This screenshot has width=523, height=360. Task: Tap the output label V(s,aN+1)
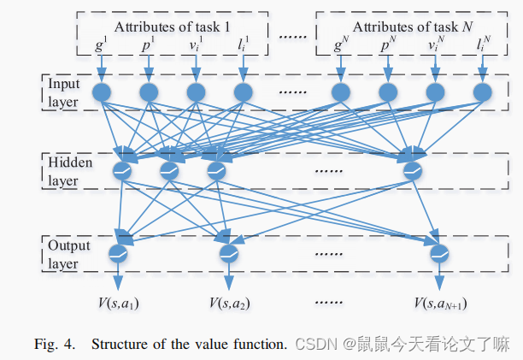pyautogui.click(x=441, y=303)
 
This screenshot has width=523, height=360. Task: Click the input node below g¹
pyautogui.click(x=103, y=91)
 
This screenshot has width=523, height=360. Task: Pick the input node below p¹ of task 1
pyautogui.click(x=149, y=91)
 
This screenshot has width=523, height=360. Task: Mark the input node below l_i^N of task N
pyautogui.click(x=483, y=91)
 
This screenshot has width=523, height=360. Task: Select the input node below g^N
pyautogui.click(x=341, y=91)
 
